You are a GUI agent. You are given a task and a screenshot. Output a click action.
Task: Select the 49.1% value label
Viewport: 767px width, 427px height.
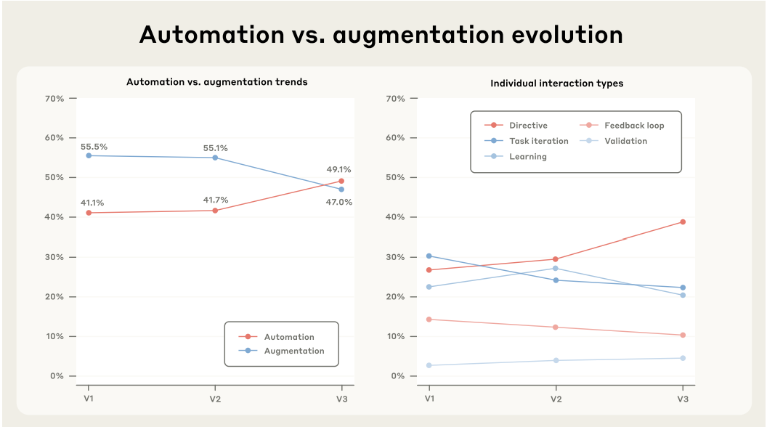(338, 170)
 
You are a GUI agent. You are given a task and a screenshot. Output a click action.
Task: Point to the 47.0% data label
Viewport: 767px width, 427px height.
(338, 203)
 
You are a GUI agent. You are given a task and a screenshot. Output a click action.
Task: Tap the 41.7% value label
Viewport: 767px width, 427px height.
(215, 200)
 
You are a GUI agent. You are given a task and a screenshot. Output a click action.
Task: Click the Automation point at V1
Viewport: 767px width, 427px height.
(89, 213)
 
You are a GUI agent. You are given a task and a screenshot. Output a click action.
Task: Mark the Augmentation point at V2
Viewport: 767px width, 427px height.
(215, 158)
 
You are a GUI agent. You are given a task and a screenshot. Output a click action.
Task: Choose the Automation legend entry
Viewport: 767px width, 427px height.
(289, 337)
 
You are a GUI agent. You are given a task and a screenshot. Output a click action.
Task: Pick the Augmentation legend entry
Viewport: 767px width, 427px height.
(293, 351)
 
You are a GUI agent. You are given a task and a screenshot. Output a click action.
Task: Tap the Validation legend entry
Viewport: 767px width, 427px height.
(625, 141)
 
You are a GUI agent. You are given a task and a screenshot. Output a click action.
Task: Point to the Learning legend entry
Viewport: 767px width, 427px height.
(528, 156)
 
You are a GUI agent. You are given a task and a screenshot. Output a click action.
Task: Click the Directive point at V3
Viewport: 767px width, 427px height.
(683, 222)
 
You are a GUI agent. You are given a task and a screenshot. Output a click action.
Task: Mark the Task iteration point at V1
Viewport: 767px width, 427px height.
(429, 256)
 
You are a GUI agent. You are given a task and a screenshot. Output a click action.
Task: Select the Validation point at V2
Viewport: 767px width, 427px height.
(556, 360)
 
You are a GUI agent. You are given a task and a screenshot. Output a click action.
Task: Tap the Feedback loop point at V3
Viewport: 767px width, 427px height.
(683, 335)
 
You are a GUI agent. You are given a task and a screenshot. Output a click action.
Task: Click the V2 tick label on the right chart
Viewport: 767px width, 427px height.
(556, 399)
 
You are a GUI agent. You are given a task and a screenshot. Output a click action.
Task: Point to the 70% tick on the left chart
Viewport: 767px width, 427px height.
(55, 98)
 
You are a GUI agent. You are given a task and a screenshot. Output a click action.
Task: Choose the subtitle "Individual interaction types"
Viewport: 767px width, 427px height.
(556, 84)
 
